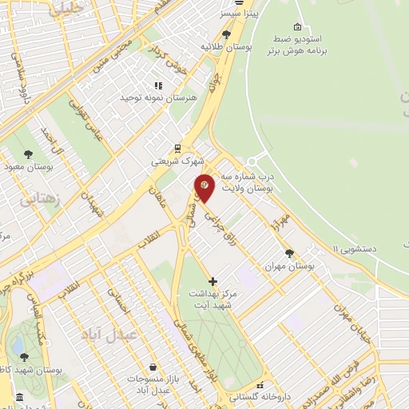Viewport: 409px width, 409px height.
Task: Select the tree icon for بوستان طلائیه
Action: coord(227,34)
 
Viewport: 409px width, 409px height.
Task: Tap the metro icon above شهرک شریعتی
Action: coord(177,147)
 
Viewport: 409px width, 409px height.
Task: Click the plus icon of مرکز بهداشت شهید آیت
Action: coord(212,281)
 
